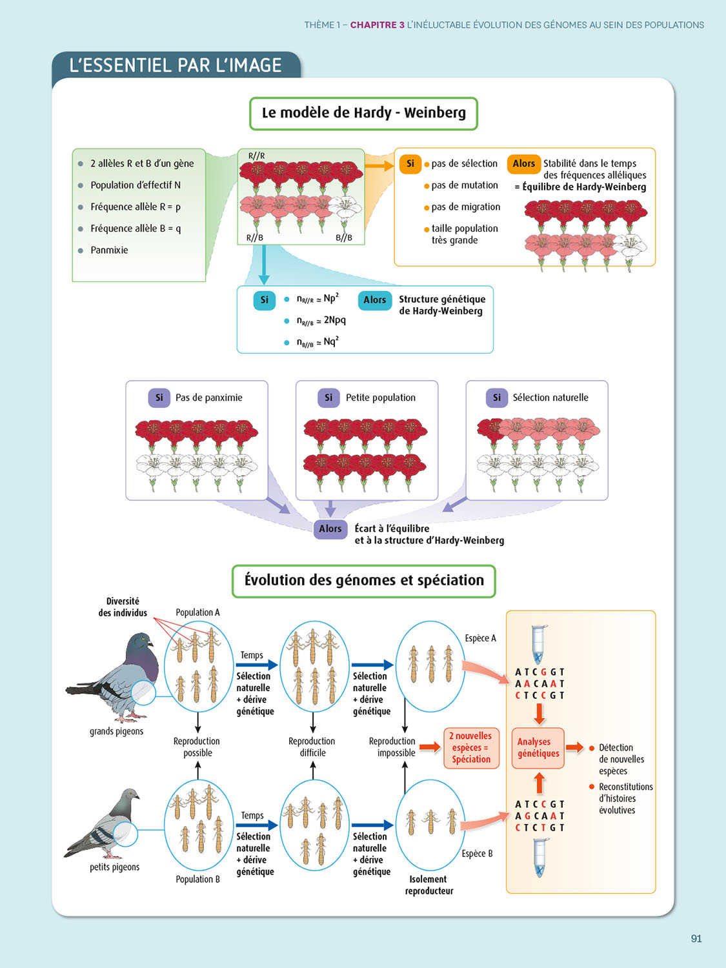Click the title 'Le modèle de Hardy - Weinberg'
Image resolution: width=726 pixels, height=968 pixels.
(363, 113)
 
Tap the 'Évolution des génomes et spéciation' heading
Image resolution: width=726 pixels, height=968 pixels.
(364, 580)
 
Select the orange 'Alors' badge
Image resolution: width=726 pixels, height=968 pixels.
(523, 164)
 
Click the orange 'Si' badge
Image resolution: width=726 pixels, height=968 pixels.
(410, 164)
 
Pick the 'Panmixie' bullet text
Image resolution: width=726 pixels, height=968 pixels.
(109, 250)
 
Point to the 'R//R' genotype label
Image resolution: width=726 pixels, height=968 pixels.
(256, 156)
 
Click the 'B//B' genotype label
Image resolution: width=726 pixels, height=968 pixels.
(344, 237)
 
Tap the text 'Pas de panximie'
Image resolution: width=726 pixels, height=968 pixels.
(209, 398)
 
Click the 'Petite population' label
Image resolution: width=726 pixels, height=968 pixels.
(381, 398)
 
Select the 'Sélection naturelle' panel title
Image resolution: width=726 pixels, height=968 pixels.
(550, 398)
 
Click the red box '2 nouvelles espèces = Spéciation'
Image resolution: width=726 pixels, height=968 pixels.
(471, 747)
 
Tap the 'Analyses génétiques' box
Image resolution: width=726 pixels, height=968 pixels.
(538, 748)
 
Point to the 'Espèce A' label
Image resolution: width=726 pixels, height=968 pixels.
(480, 638)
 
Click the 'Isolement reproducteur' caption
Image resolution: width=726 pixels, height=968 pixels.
(429, 885)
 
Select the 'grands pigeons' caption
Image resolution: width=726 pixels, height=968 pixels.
(116, 731)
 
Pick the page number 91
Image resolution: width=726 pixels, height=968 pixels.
(696, 939)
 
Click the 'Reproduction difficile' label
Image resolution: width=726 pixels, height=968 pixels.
(312, 747)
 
